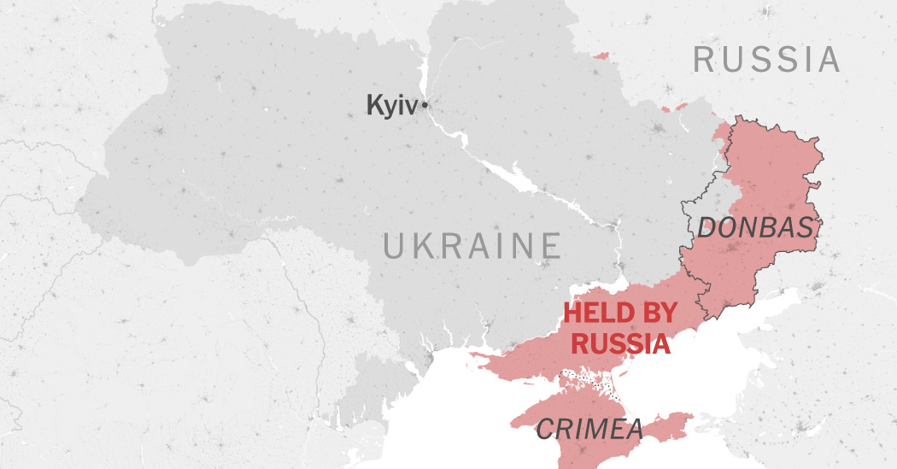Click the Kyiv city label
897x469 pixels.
pos(392,105)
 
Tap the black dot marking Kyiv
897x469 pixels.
pos(425,105)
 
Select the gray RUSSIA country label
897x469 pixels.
pos(766,60)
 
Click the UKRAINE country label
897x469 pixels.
pos(472,246)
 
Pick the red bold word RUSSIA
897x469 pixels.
pos(619,343)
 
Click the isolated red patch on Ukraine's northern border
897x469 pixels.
pos(601,56)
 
